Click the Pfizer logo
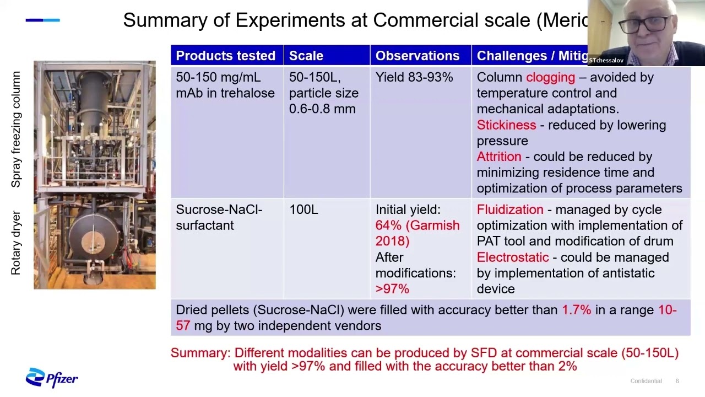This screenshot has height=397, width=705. click(x=52, y=378)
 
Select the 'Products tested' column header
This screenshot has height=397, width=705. click(x=225, y=56)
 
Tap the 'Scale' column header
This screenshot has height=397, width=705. click(x=306, y=56)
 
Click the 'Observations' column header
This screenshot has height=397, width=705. click(x=417, y=56)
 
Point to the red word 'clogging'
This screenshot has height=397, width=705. click(x=550, y=78)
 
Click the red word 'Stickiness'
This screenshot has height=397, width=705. click(x=506, y=125)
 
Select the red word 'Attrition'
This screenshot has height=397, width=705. click(x=498, y=157)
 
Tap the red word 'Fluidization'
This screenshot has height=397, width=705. click(x=510, y=210)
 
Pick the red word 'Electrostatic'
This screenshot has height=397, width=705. click(x=512, y=257)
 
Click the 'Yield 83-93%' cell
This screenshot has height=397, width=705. click(x=414, y=78)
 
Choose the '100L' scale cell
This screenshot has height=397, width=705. click(x=303, y=210)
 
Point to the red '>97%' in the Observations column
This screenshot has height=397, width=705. click(x=392, y=289)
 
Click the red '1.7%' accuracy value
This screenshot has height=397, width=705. click(x=576, y=310)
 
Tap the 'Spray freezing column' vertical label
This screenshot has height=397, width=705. click(x=16, y=129)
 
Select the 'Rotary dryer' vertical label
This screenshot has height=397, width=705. click(x=16, y=243)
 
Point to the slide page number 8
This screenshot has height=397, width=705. click(x=677, y=381)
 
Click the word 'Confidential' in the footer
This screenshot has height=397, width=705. click(x=646, y=381)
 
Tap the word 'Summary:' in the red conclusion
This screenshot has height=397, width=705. click(x=200, y=353)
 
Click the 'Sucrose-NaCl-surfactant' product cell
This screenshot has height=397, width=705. click(x=219, y=217)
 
